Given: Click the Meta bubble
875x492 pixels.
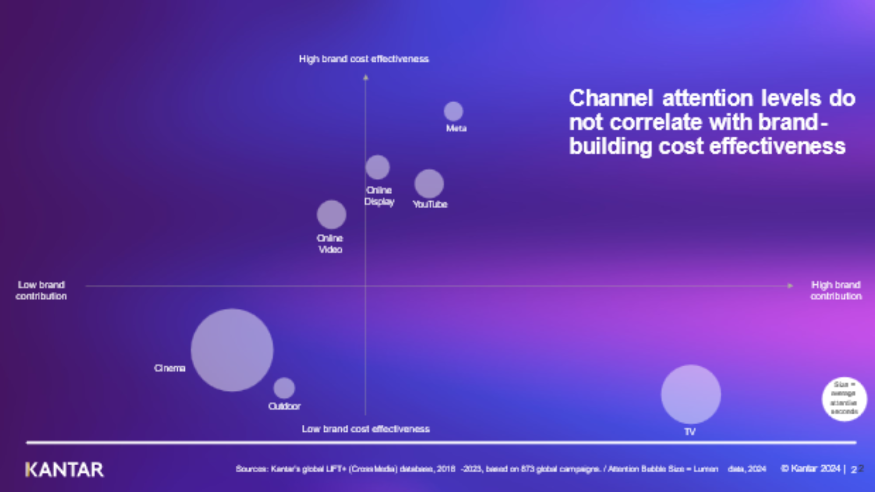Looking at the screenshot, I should click(453, 112).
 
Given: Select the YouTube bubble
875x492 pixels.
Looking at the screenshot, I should click(429, 184).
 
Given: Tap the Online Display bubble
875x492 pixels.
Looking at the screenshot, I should click(377, 167).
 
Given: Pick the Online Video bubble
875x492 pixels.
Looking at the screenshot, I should click(331, 214).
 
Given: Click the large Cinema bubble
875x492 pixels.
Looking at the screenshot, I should click(232, 350).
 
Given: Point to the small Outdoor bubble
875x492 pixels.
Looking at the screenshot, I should click(284, 388).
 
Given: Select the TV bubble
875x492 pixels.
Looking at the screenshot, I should click(691, 394).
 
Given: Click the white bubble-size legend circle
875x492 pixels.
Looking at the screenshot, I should click(844, 399).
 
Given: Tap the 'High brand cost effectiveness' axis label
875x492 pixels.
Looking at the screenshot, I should click(364, 59).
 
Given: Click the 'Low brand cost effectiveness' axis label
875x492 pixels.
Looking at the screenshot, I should click(365, 429).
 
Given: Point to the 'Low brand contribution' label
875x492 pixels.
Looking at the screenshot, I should click(41, 290).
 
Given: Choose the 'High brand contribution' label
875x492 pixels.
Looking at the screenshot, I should click(836, 290).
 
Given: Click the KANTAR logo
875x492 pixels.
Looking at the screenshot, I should click(65, 470).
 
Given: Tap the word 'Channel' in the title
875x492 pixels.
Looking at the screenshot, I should click(611, 98).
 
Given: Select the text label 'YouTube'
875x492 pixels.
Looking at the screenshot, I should click(430, 204).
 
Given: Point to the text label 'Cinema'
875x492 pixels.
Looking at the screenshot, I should click(170, 368).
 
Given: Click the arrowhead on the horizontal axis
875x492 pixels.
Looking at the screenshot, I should click(790, 285).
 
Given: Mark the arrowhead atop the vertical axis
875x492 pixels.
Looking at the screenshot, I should click(365, 78).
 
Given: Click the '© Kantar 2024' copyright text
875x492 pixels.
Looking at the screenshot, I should click(810, 468).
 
